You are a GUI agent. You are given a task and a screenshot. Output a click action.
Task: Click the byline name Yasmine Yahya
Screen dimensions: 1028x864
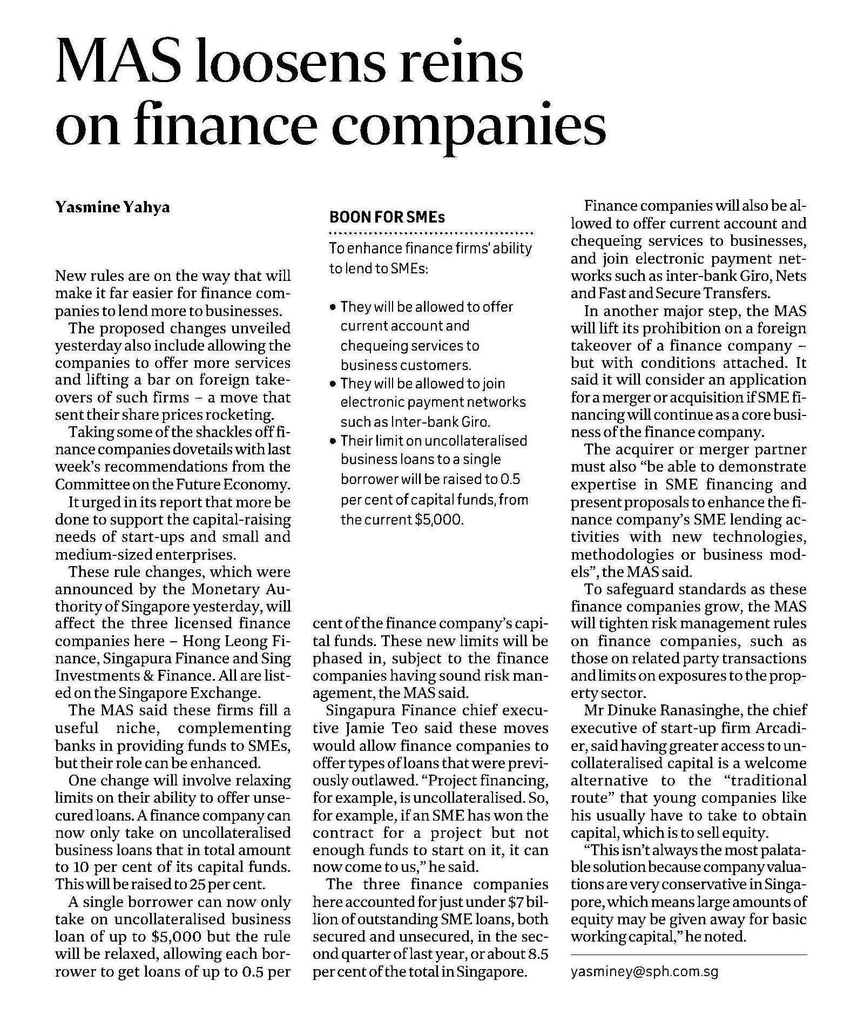click(x=112, y=207)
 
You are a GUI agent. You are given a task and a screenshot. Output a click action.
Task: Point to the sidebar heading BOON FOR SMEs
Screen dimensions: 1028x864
click(x=387, y=217)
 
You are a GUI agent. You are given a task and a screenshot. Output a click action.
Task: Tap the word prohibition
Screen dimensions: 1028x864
click(x=677, y=328)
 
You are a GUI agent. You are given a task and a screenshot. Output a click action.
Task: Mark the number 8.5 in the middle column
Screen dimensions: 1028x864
click(x=537, y=954)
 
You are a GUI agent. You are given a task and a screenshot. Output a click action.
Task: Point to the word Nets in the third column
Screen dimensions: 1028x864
click(x=791, y=276)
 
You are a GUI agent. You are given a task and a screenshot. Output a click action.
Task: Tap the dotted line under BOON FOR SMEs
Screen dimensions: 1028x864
click(x=430, y=234)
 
